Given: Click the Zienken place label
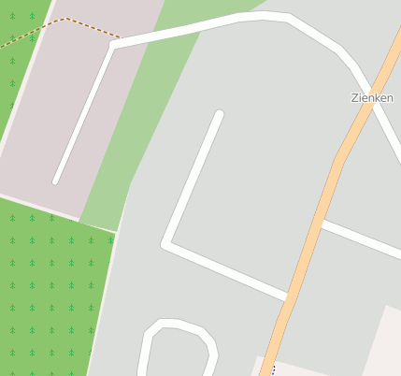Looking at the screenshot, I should click(372, 97).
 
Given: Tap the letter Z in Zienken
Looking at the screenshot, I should click(355, 97).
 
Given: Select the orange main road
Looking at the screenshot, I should click(318, 215).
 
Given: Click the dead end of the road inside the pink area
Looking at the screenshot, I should click(57, 180).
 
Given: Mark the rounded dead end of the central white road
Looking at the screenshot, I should click(219, 115).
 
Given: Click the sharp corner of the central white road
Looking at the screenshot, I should click(165, 245).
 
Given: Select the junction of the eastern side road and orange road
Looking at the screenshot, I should click(319, 223).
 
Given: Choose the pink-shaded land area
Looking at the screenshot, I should click(65, 103).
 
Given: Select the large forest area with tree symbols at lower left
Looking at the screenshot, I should click(47, 290).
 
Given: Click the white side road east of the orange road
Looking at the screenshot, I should click(360, 239).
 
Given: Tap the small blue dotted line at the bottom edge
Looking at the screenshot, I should click(273, 371).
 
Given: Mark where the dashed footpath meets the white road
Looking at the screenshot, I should click(120, 38).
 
